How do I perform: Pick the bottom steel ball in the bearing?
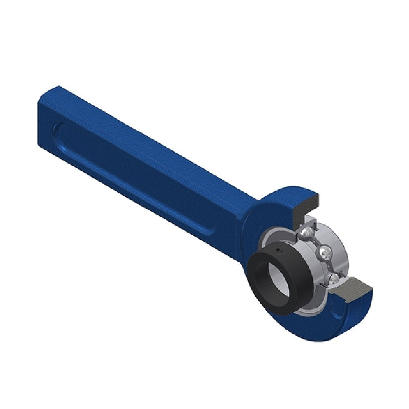[x=333, y=277]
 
